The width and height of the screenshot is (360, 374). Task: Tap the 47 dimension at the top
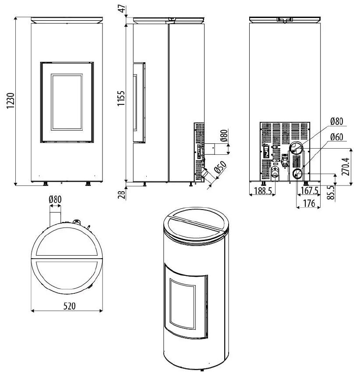pos(122,8)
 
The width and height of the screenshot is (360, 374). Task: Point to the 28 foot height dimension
pos(122,193)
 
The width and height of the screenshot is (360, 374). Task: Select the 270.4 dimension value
pos(346,167)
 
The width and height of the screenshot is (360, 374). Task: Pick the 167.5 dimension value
pos(310,191)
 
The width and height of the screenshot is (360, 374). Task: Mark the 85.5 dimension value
pos(332,193)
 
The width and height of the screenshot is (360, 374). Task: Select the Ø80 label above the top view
pos(55,199)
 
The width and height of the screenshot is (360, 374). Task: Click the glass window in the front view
pos(67,102)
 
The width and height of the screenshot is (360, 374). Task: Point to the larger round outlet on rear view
pos(296,148)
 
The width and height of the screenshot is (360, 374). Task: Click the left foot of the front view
pos(45,183)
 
